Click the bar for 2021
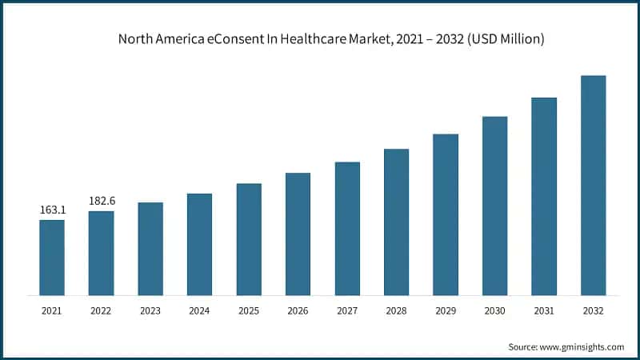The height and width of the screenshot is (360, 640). (x=52, y=258)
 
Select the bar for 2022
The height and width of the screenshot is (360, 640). (x=101, y=254)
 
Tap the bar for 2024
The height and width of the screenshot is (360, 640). (x=199, y=245)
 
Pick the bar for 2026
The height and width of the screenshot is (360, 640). (x=298, y=234)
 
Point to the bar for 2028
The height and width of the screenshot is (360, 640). (x=396, y=222)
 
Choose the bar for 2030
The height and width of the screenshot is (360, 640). (x=494, y=206)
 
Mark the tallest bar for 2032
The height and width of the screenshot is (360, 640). (x=593, y=186)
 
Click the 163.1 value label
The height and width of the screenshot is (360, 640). (x=52, y=210)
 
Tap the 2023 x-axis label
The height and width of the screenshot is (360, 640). (x=150, y=310)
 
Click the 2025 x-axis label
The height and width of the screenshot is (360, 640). (x=249, y=310)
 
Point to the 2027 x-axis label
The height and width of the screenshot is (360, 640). (x=347, y=310)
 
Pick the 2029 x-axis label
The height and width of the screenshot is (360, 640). (x=446, y=310)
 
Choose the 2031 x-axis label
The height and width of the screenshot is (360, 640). (x=544, y=310)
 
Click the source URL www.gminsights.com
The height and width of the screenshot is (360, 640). (x=583, y=346)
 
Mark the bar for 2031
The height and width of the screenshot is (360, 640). (x=544, y=197)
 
